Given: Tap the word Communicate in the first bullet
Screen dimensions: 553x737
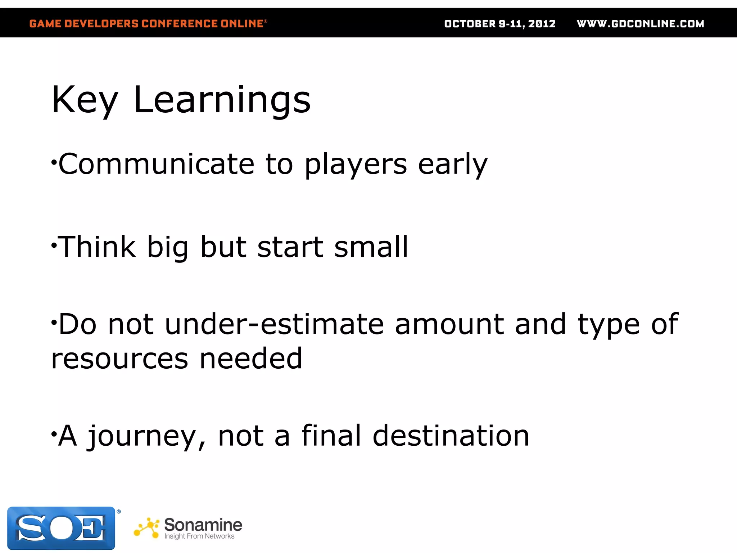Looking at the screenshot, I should point(157,164).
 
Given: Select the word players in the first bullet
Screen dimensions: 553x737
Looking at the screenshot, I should point(356,165).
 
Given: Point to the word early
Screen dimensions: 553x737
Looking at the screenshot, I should point(452,165).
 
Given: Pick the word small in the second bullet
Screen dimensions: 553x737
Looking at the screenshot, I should point(371,247).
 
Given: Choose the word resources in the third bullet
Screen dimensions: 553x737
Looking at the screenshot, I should point(119,359).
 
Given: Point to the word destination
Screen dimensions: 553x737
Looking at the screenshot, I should point(451,436).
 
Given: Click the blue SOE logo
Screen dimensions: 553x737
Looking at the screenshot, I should point(61,528).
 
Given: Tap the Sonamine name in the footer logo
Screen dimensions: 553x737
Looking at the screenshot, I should point(203,525).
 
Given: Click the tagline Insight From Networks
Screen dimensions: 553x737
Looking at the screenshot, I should point(199,536).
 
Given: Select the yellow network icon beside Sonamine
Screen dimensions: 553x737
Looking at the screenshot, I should point(147,528).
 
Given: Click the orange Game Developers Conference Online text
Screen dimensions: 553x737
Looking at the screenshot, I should point(148,24).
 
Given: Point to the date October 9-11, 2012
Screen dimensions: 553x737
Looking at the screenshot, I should point(500,24).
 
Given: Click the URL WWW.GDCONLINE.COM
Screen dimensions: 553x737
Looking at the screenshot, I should point(640,24).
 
